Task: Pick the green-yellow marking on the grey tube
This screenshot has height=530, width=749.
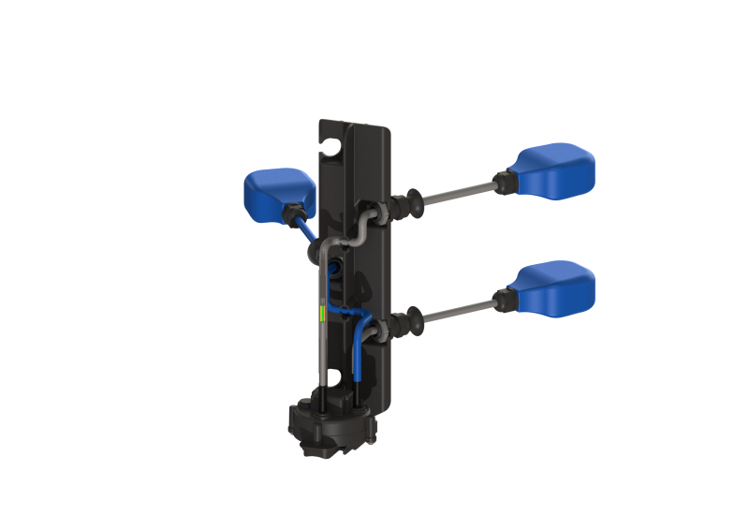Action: (x=322, y=311)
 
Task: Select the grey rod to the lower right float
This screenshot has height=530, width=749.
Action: (x=459, y=310)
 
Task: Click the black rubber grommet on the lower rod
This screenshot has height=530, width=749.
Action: (x=405, y=322)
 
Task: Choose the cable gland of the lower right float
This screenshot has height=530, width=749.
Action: (x=502, y=297)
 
